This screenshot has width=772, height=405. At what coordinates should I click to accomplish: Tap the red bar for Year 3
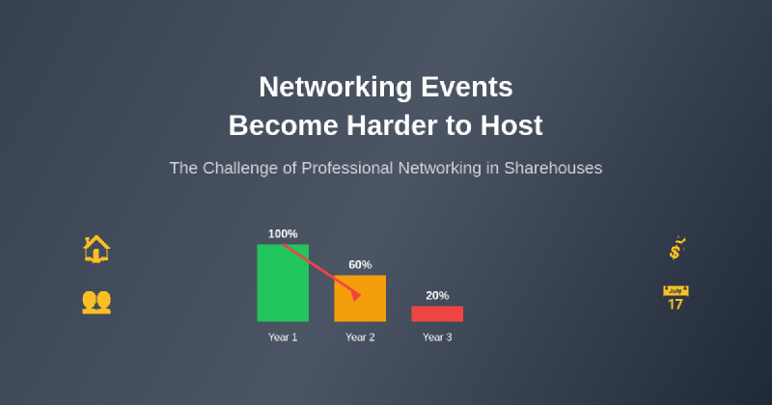click(x=437, y=313)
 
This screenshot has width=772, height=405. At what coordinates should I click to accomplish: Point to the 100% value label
click(x=283, y=234)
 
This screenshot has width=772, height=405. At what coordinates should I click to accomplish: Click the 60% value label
click(x=360, y=265)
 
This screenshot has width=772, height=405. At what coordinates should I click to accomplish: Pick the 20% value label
click(x=437, y=296)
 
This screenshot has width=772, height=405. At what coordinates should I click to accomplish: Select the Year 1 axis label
click(x=283, y=337)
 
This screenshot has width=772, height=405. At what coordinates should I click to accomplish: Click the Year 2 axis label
click(x=360, y=337)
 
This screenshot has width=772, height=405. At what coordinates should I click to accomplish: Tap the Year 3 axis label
click(x=437, y=337)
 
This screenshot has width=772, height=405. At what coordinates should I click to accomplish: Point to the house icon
click(x=96, y=250)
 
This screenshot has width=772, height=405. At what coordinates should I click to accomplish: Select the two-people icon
click(x=96, y=302)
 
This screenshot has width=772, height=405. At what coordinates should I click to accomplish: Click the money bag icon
click(x=676, y=249)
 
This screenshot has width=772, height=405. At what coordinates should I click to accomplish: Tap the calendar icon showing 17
click(x=675, y=298)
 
